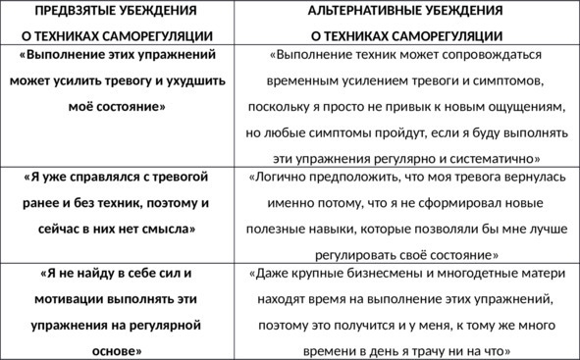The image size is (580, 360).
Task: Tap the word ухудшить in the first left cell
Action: click(x=194, y=81)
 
